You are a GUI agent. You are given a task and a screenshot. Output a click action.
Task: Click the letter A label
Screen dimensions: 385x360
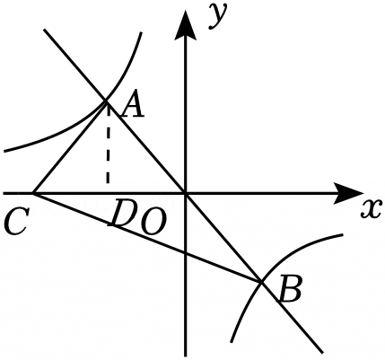click(x=133, y=107)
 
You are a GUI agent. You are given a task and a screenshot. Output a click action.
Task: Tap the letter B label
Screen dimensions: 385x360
click(x=289, y=290)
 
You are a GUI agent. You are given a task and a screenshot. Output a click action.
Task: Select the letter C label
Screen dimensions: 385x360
click(x=16, y=221)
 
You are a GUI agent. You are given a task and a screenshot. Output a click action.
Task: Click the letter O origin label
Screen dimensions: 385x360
click(x=153, y=223)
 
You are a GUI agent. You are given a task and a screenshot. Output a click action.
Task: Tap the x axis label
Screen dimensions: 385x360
click(x=372, y=208)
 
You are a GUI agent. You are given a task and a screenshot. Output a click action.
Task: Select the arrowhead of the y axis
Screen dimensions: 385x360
click(x=186, y=24)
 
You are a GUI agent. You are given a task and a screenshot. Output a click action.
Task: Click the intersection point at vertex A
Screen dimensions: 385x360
click(x=106, y=101)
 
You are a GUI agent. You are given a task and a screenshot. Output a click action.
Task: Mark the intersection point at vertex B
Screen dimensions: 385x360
click(x=261, y=282)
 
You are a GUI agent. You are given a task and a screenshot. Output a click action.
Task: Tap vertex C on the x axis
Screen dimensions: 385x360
click(x=34, y=194)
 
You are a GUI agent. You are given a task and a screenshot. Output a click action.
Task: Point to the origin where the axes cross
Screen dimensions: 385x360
click(x=186, y=194)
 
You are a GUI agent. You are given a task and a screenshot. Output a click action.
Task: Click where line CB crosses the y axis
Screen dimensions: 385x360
click(x=186, y=252)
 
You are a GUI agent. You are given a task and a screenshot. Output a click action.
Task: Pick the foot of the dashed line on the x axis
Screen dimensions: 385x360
click(x=108, y=194)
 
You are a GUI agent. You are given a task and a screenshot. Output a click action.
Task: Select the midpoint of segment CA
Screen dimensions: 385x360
click(x=70, y=147)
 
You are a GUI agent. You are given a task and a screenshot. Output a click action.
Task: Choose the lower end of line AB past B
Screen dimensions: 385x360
click(x=322, y=353)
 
